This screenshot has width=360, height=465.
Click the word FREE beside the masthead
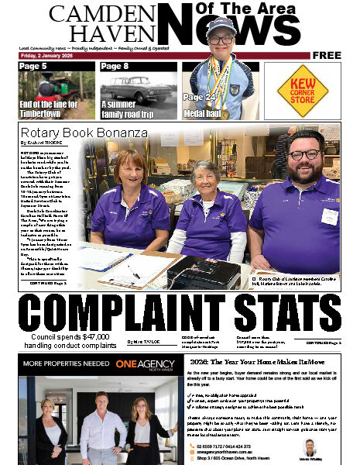(327, 56)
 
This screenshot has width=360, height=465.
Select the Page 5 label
(33, 67)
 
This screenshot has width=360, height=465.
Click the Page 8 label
(115, 67)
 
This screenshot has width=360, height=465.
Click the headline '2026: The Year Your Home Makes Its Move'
(255, 360)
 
